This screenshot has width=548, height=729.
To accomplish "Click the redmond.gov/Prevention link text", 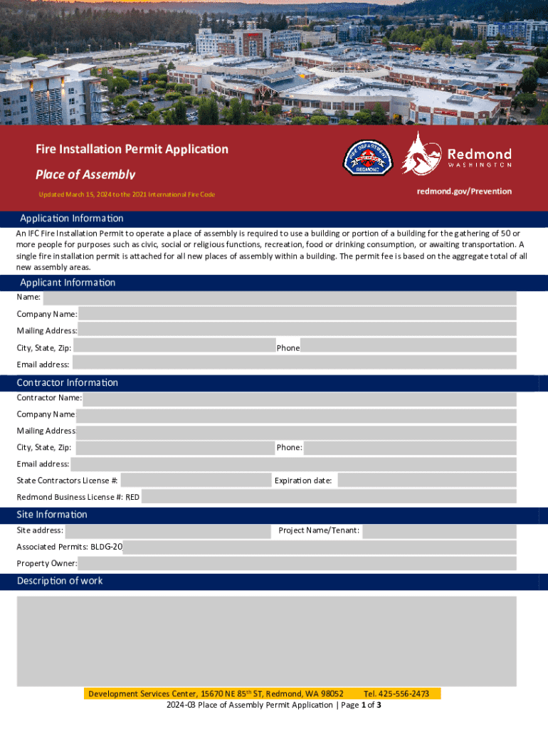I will tap(464, 191).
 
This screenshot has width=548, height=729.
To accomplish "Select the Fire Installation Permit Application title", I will tap(132, 149).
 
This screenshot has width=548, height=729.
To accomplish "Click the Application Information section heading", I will tap(71, 219).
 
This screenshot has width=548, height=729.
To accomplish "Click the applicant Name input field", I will tap(279, 297).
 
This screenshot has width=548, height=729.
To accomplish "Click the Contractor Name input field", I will tap(299, 398).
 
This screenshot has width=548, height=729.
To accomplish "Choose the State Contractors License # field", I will tap(196, 481).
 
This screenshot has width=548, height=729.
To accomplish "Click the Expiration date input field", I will tap(426, 481).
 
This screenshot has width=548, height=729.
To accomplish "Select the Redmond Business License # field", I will tap(329, 497).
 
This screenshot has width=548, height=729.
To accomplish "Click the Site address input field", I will tap(168, 530).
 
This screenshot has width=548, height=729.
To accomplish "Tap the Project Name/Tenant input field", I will tap(439, 530).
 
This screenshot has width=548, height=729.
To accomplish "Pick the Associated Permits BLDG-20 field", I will tap(320, 547).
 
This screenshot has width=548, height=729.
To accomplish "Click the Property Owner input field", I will tap(297, 564).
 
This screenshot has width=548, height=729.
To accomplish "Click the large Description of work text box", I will tap(267, 641).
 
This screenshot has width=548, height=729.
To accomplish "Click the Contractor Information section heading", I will tap(68, 383).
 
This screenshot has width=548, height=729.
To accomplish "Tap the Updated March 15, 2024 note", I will tap(127, 194).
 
